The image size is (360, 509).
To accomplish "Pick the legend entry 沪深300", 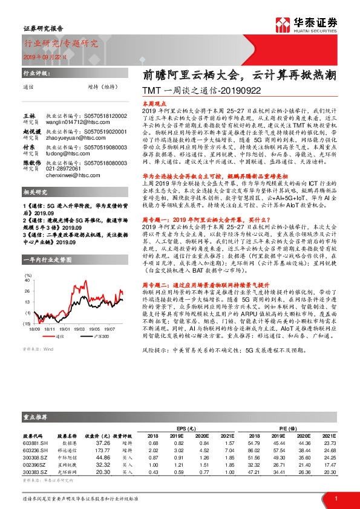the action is tap(97, 337).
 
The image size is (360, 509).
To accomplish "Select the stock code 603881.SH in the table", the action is tap(36, 443).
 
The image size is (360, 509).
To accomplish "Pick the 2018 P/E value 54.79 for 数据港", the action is tap(253, 443).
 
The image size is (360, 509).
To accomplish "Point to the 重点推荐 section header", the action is tap(36, 417).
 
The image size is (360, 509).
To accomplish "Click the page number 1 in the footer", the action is tap(335, 499).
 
